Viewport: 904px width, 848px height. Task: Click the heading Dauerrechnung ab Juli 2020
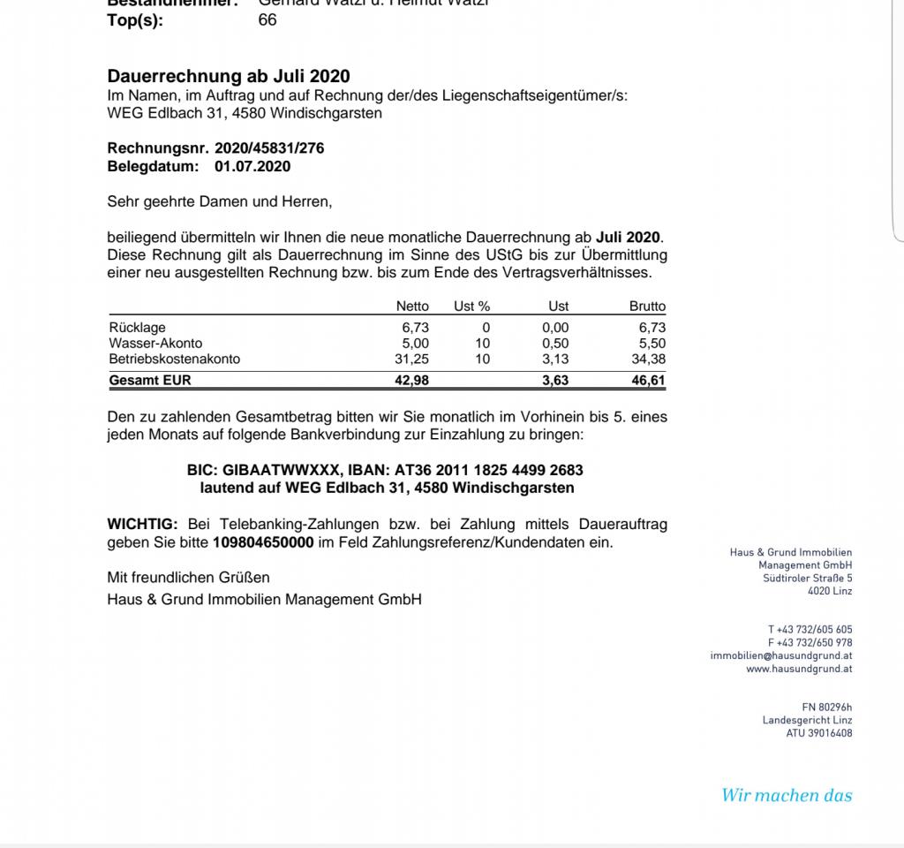(228, 77)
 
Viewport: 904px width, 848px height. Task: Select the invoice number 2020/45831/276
(269, 148)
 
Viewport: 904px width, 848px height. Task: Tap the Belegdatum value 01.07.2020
(252, 166)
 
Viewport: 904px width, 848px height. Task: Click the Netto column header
(412, 307)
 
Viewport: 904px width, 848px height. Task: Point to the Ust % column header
(471, 307)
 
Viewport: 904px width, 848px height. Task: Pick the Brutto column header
(647, 307)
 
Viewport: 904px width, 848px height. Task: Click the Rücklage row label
(137, 328)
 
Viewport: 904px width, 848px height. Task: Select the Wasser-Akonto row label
(155, 344)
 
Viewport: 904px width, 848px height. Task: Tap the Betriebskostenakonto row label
(174, 360)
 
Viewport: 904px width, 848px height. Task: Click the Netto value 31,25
(411, 360)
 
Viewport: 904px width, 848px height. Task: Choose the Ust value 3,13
(555, 360)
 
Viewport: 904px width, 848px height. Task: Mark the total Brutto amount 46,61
(649, 381)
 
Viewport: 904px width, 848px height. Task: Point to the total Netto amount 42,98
(411, 381)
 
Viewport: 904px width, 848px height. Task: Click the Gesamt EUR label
(149, 381)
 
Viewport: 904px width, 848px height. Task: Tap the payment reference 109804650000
(263, 542)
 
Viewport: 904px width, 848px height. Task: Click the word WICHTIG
(142, 524)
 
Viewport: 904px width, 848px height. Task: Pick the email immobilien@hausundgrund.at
(780, 656)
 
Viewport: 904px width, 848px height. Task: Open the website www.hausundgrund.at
(799, 670)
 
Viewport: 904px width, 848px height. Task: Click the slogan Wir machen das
(787, 795)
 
